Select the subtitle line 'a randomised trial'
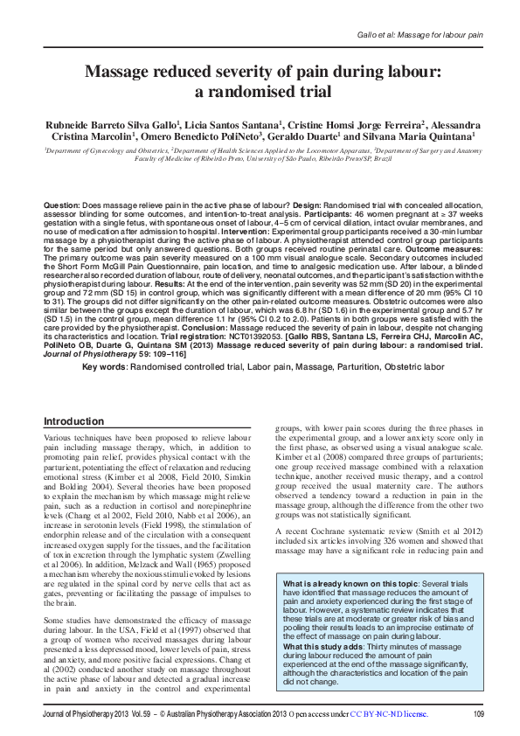(260, 91)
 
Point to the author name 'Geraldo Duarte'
(306, 137)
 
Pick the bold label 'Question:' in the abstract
(62, 204)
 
